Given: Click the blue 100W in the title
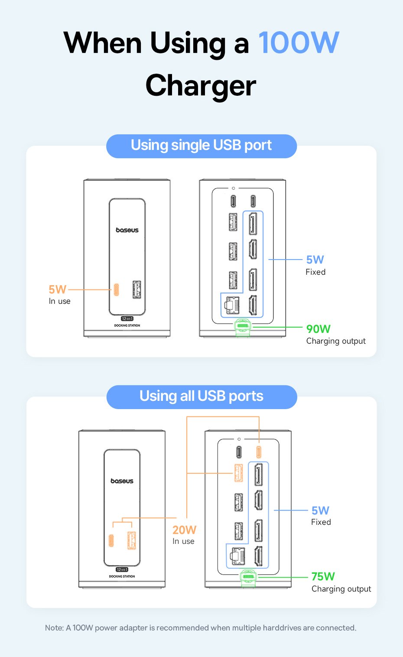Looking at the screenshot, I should coord(299,43).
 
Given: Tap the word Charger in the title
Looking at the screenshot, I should coord(201,85).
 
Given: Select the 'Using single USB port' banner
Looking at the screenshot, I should coord(201,146).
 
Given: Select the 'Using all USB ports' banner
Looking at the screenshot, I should coord(201,397).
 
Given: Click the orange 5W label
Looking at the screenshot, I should coord(57,289).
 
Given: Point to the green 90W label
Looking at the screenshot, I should coord(318,329).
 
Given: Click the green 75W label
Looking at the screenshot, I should coord(323,576).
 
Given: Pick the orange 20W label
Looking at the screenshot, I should coord(184,530).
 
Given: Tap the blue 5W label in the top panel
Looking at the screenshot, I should coord(315,260).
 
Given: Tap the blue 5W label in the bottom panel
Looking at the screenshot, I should coord(320,511).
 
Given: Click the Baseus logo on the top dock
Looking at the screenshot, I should coord(127,230).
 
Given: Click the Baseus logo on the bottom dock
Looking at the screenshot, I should coord(122,481).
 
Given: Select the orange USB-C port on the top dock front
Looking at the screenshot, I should coord(117,289).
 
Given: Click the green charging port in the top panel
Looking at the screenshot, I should coord(242,326).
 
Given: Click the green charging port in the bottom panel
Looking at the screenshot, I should coord(248,577).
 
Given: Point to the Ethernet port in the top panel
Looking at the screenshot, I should coord(232,305).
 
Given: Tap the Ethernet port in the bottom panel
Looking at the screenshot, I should coord(237,556).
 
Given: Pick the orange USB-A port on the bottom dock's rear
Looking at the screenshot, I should coord(238,473).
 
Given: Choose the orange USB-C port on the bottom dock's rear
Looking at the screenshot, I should coord(259,452).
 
